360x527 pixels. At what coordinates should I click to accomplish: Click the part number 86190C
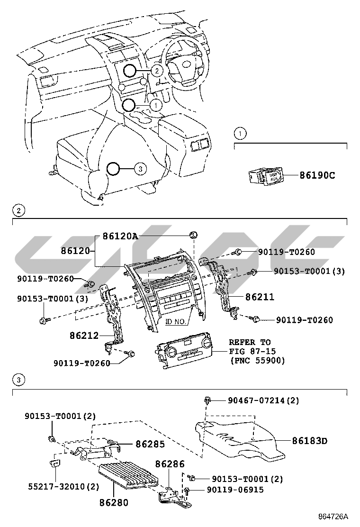click(317, 175)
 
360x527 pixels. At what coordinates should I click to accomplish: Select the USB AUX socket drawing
click(266, 177)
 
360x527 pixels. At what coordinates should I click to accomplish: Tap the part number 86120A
click(117, 236)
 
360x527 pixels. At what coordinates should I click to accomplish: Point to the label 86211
click(260, 297)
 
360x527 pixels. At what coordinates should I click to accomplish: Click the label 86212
click(84, 336)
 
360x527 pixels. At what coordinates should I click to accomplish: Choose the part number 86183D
click(310, 441)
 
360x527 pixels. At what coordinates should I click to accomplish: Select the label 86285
click(150, 444)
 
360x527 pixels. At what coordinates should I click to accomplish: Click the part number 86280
click(114, 502)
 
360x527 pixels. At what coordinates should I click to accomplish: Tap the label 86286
click(170, 464)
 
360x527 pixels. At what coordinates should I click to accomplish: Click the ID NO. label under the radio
click(175, 321)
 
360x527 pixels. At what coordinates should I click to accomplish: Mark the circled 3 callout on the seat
click(139, 168)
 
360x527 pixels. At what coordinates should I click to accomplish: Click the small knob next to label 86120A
click(193, 235)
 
